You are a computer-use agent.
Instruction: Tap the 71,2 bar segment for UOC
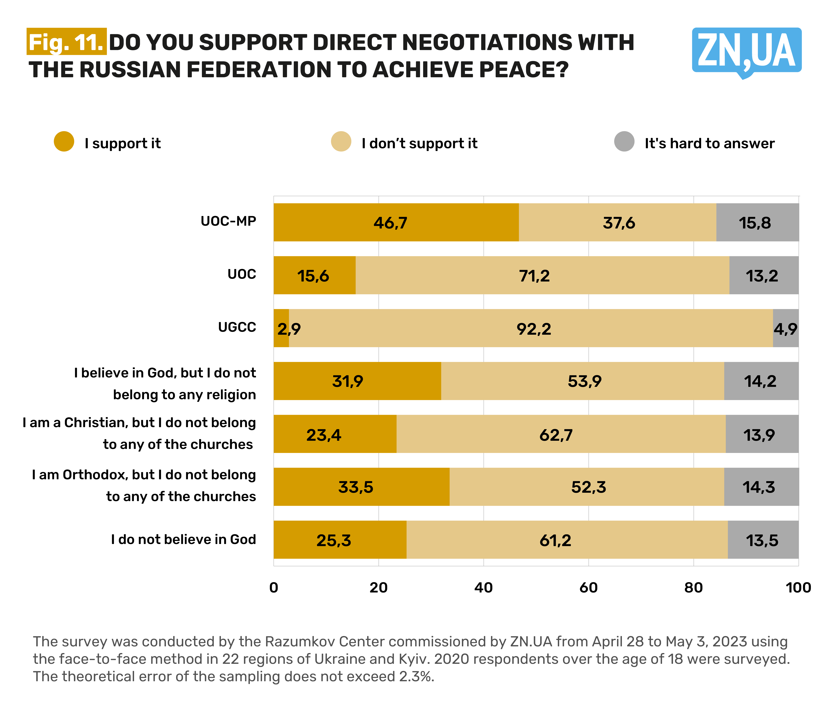coord(542,275)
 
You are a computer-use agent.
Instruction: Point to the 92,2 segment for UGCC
coord(531,328)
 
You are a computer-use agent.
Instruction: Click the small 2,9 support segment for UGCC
coord(281,328)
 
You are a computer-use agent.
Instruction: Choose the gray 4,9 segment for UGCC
coord(785,328)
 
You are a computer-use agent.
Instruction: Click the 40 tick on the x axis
coord(483,588)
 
